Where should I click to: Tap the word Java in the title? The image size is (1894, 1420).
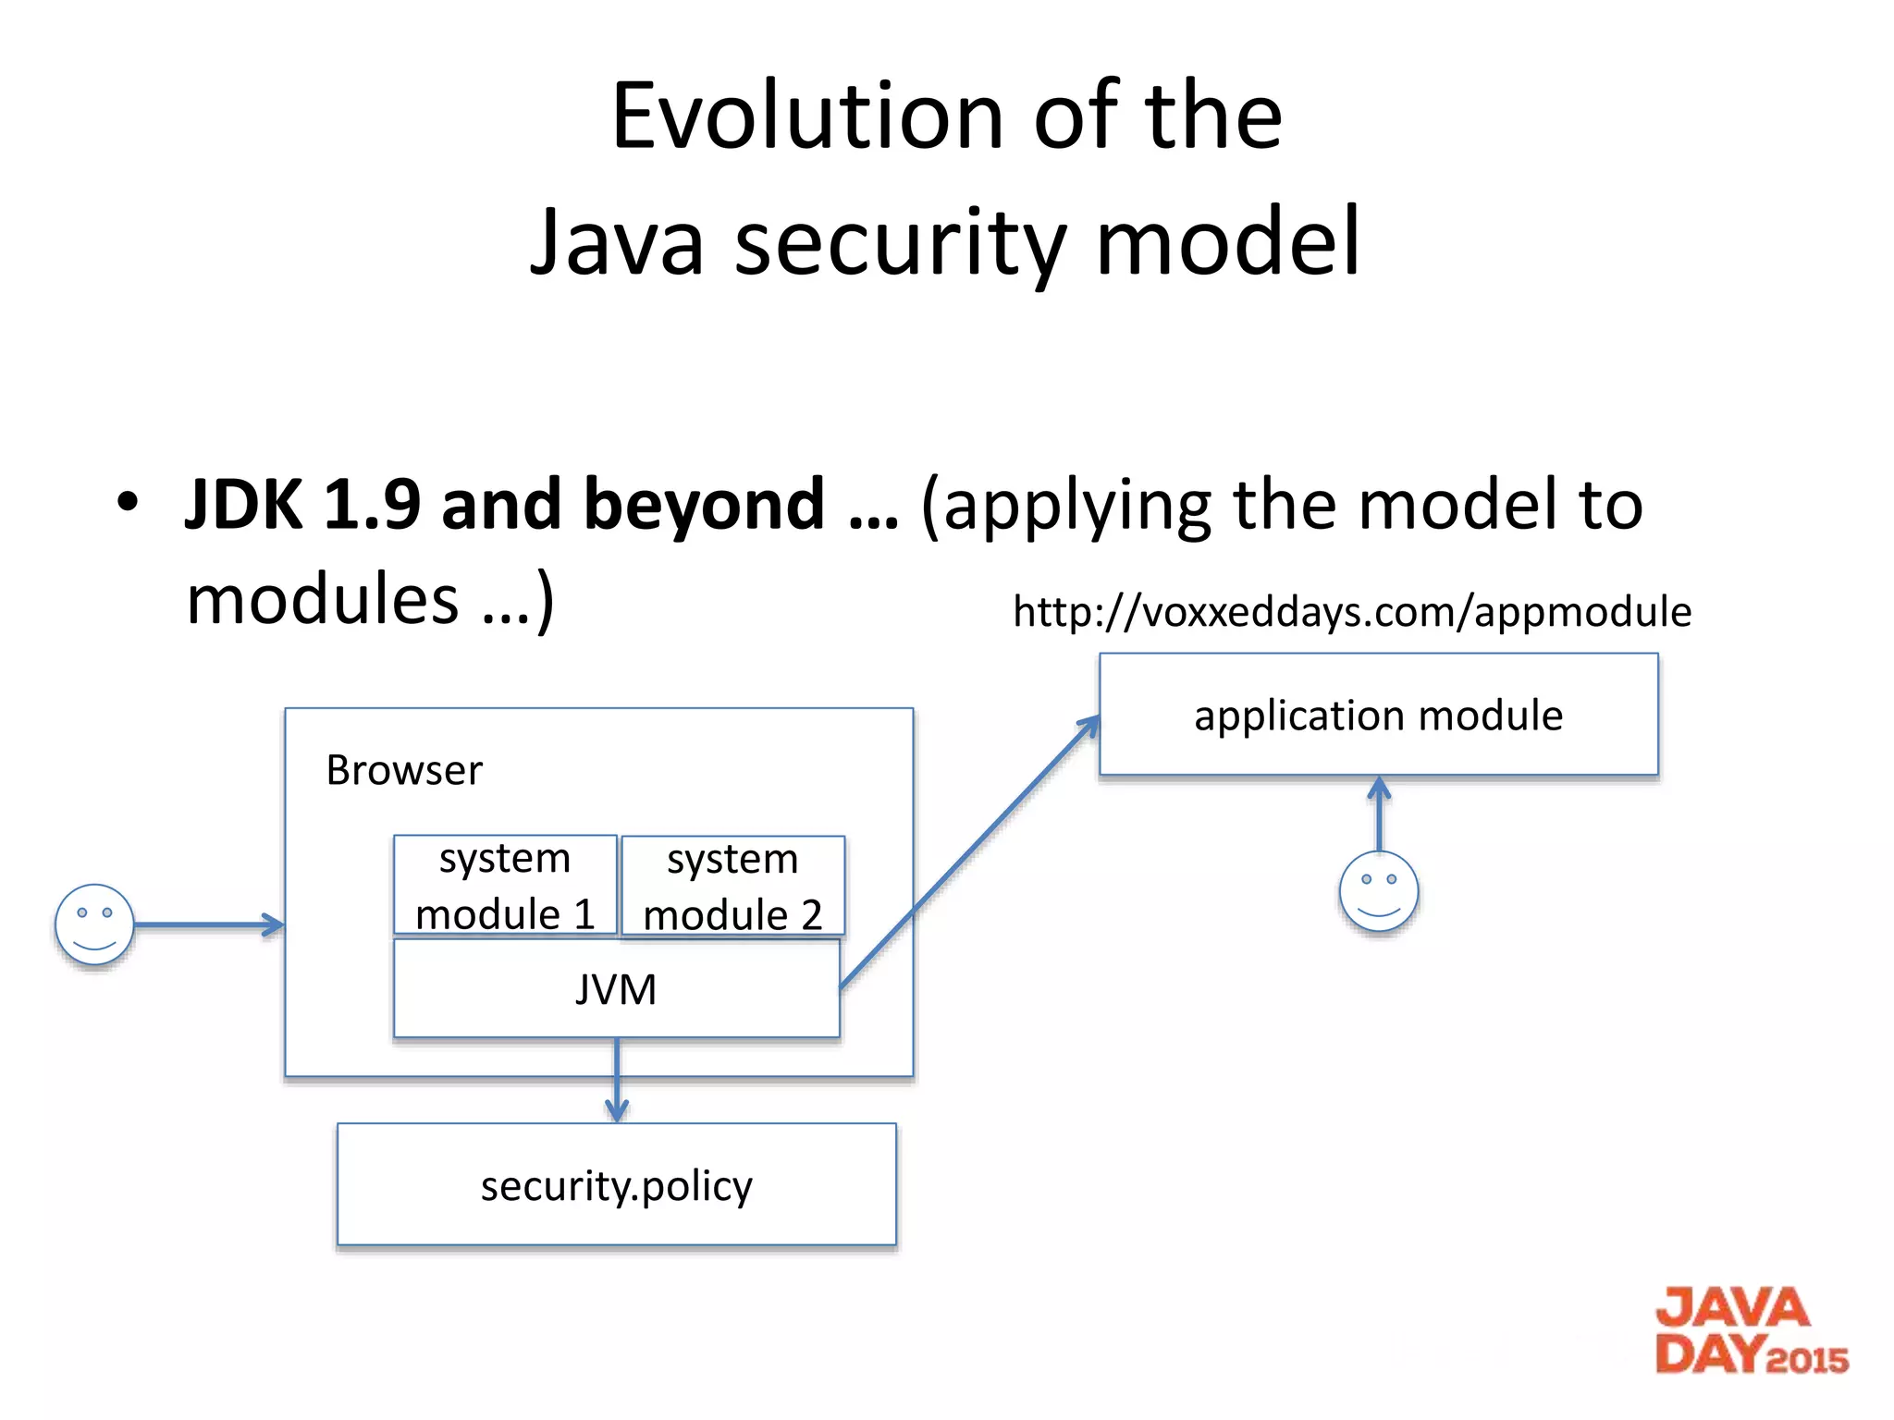(617, 242)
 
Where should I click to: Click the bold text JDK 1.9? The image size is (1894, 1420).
(302, 505)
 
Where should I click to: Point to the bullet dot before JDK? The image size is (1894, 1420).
(128, 502)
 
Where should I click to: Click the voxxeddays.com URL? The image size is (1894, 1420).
(1352, 612)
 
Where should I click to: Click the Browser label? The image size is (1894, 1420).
(404, 770)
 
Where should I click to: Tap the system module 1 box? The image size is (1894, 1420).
(505, 887)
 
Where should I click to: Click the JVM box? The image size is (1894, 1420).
(616, 989)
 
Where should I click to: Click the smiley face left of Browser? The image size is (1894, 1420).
(94, 924)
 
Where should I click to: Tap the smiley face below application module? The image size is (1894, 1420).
(1378, 890)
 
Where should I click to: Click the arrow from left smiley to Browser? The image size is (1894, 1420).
(209, 924)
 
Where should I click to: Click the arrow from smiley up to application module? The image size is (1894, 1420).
(1379, 814)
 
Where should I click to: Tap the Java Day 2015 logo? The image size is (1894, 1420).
(1751, 1331)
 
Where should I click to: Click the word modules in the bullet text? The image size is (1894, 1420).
(323, 599)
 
